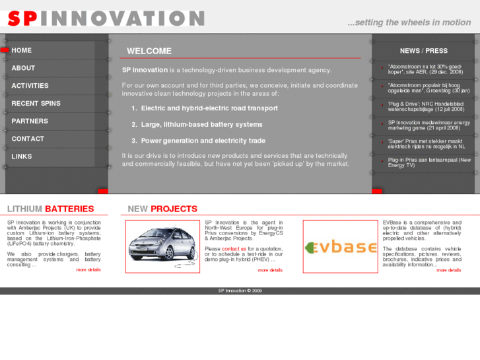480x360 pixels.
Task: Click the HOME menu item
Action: pos(22,50)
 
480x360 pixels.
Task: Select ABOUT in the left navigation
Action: pos(23,68)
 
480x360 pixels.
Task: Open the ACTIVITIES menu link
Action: pos(30,86)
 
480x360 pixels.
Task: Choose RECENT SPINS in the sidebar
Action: pos(36,104)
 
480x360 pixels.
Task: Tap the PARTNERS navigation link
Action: pos(30,122)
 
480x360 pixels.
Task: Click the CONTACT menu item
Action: pos(28,139)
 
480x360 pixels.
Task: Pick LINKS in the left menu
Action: pos(21,157)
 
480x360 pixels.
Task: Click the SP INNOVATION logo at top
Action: pos(106,18)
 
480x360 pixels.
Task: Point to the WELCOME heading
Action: pos(149,51)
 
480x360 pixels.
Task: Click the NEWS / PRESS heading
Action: pos(423,51)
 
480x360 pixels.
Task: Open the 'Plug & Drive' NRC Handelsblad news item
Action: pos(426,106)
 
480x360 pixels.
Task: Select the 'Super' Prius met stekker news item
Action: pos(426,143)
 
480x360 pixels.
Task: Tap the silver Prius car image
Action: pos(162,246)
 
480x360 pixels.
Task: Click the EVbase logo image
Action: pos(340,247)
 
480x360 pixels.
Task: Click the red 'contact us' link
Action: pos(234,249)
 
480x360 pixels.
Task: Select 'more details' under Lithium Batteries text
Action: pos(88,270)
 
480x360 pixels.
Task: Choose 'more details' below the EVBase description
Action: pos(448,270)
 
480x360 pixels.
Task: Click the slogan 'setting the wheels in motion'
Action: pos(409,22)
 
